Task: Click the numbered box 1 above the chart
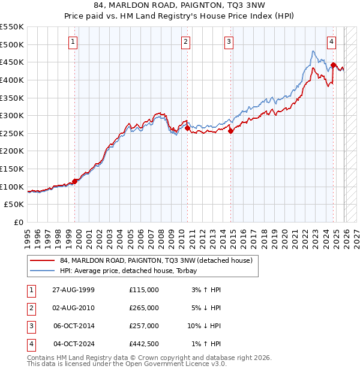pyautogui.click(x=73, y=41)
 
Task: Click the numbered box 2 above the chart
pyautogui.click(x=186, y=41)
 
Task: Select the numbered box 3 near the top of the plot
pyautogui.click(x=229, y=41)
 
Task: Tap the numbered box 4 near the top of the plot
pyautogui.click(x=332, y=41)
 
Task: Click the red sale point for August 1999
pyautogui.click(x=75, y=181)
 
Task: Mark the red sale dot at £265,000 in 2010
pyautogui.click(x=187, y=128)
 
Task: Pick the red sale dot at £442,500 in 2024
pyautogui.click(x=334, y=65)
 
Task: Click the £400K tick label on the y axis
pyautogui.click(x=12, y=80)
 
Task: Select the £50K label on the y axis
pyautogui.click(x=14, y=205)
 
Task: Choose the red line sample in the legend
pyautogui.click(x=42, y=261)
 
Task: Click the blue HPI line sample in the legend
pyautogui.click(x=42, y=271)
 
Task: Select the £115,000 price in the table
pyautogui.click(x=144, y=290)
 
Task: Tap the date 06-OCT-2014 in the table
pyautogui.click(x=74, y=326)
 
